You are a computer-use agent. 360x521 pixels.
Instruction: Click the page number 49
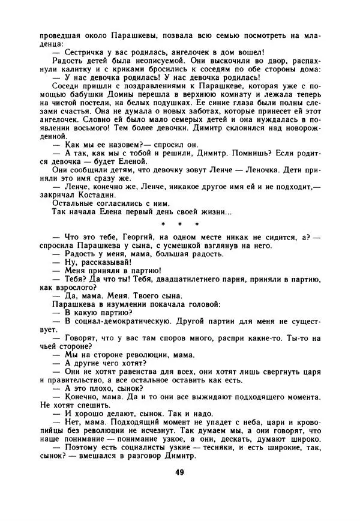tap(180, 472)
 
